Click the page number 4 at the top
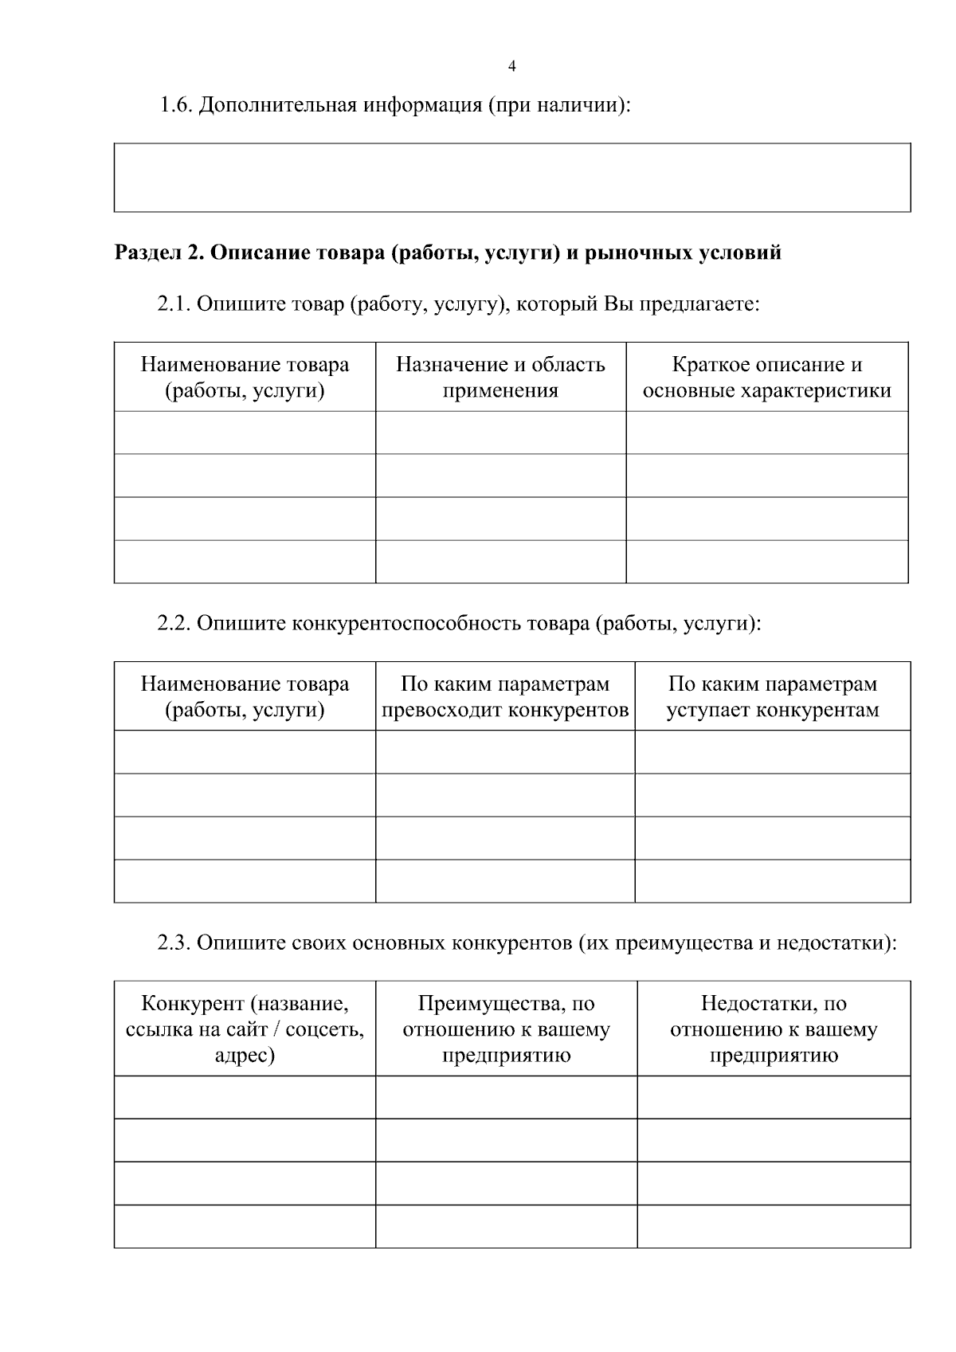point(511,67)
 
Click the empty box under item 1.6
point(511,178)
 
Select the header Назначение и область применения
point(500,378)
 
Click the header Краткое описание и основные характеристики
point(766,378)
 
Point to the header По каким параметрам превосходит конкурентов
point(505,697)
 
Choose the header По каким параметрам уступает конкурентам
point(772,697)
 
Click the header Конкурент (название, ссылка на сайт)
point(245,1029)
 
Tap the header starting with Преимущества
point(506,1029)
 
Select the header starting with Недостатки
point(774,1029)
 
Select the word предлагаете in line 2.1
point(695,304)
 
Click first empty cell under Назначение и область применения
point(500,433)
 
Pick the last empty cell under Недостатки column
point(774,1226)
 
